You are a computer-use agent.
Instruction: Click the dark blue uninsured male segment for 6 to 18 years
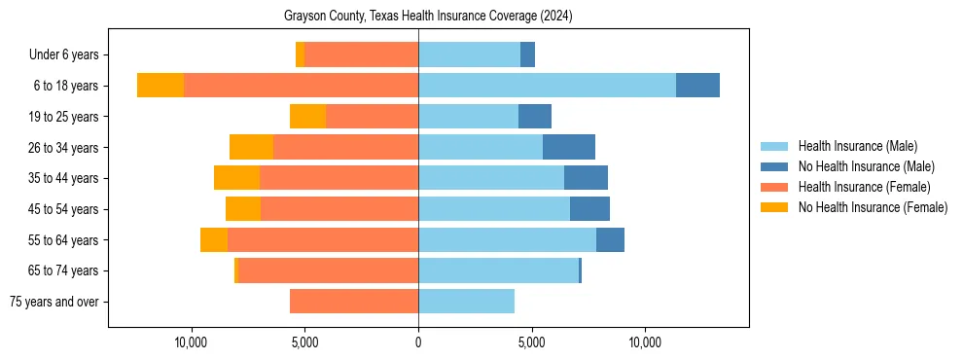[x=697, y=86]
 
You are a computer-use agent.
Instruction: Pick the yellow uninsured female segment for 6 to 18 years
[x=160, y=86]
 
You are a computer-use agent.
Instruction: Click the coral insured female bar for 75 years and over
[x=354, y=302]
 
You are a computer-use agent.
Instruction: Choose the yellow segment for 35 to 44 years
[x=236, y=178]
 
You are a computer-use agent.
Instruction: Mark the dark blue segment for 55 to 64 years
[x=610, y=239]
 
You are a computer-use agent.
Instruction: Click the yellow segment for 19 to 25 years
[x=307, y=117]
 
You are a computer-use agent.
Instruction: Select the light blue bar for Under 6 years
[x=469, y=54]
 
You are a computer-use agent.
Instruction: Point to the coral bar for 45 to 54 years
[x=339, y=209]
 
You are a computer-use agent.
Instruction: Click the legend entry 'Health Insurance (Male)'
[x=857, y=146]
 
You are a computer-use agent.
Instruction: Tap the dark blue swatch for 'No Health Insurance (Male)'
[x=775, y=166]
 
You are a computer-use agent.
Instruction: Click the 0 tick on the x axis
[x=418, y=342]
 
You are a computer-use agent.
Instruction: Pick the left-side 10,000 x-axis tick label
[x=191, y=342]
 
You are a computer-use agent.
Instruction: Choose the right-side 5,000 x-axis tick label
[x=531, y=342]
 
